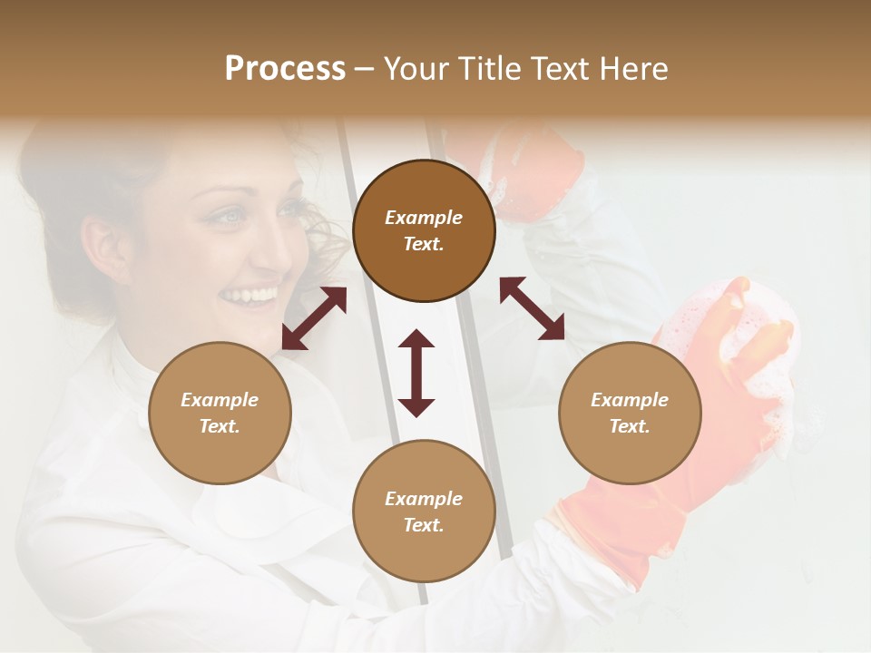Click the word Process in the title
[285, 69]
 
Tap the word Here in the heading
[631, 69]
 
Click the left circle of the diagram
[220, 413]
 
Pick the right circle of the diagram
[630, 413]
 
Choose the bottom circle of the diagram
[424, 512]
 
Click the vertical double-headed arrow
[416, 373]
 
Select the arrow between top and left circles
[314, 318]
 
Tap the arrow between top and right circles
[532, 308]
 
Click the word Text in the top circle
[424, 244]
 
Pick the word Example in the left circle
[220, 400]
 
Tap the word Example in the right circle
[630, 400]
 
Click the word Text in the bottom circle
[424, 525]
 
